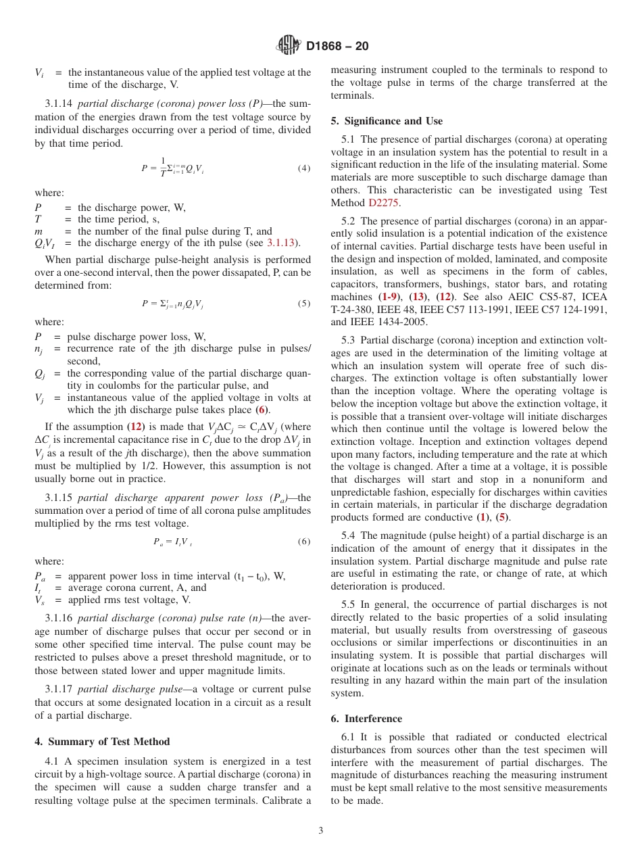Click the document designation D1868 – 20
pyautogui.click(x=337, y=47)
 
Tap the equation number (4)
pyautogui.click(x=304, y=168)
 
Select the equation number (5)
pyautogui.click(x=304, y=304)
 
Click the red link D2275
pyautogui.click(x=384, y=202)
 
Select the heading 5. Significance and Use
pyautogui.click(x=387, y=121)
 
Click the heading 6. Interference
pyautogui.click(x=366, y=719)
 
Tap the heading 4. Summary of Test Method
pyautogui.click(x=102, y=742)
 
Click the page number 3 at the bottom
pyautogui.click(x=320, y=831)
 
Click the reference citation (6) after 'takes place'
pyautogui.click(x=261, y=410)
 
